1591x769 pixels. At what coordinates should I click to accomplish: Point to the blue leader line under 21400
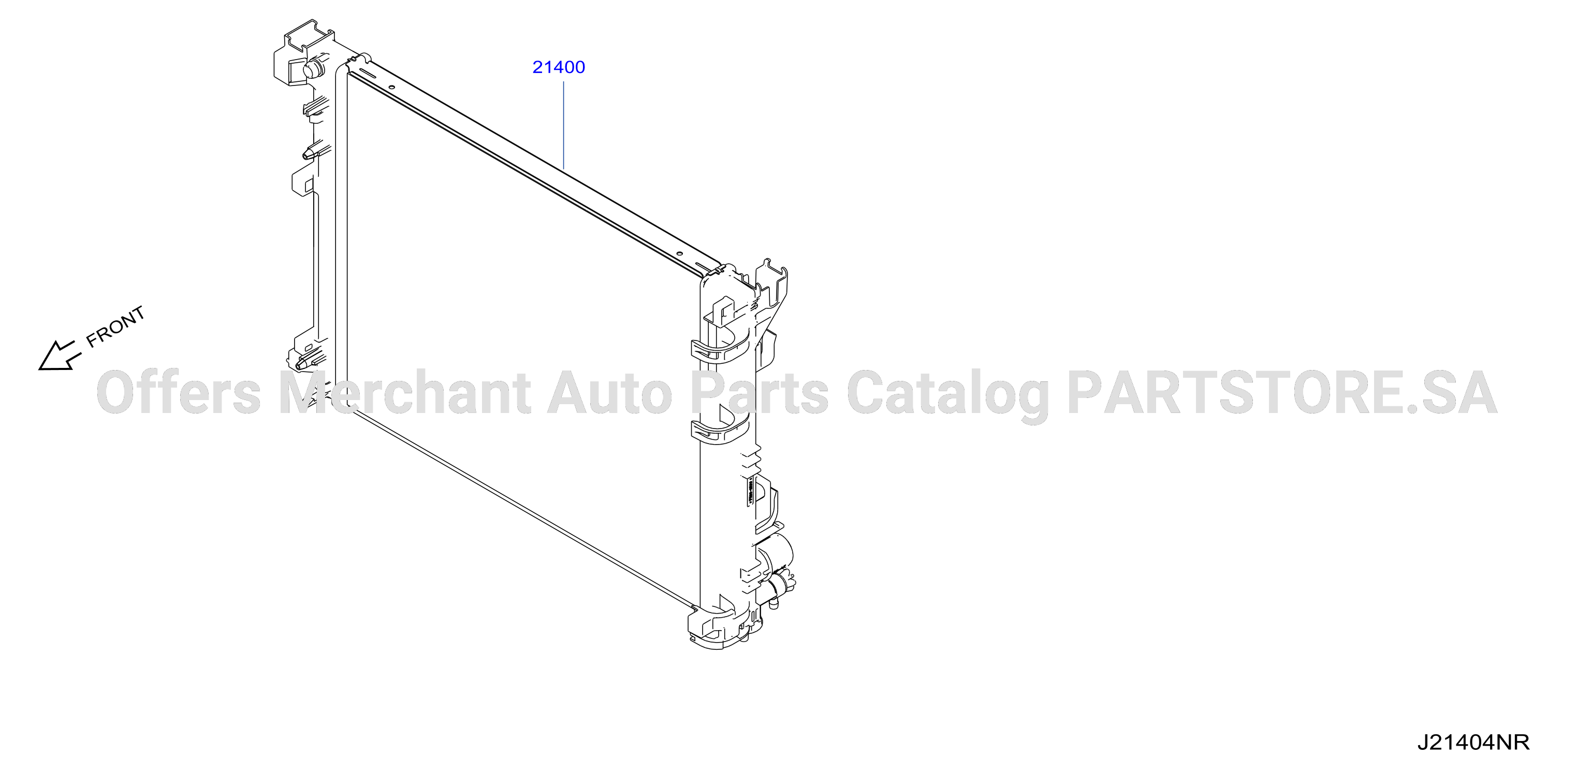coord(563,125)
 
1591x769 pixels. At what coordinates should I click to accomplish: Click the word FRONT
coord(115,326)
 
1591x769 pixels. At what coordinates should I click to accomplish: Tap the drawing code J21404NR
coord(1473,742)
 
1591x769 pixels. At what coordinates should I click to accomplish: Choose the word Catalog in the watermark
coord(947,395)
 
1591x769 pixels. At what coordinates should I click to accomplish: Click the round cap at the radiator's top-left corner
coord(315,67)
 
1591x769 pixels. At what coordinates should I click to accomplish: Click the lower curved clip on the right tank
coord(720,429)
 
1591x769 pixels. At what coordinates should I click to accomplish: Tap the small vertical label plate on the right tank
coord(750,491)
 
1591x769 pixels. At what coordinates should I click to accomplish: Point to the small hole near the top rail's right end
coord(679,253)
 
